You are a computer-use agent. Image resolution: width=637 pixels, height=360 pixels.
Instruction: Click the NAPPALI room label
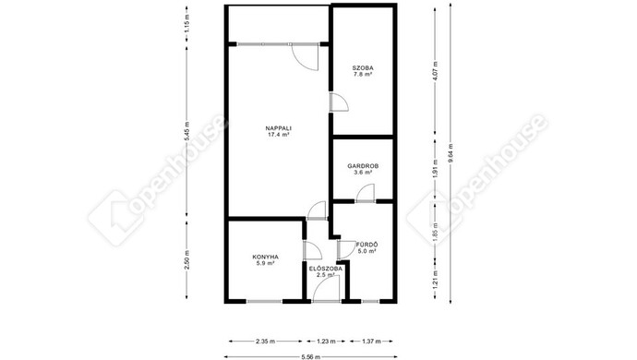pos(278,128)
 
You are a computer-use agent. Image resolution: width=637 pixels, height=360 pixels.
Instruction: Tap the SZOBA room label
pos(363,68)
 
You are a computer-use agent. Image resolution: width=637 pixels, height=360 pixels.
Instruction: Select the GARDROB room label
pos(363,166)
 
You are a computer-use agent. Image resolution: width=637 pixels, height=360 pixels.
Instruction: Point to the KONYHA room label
pos(265,257)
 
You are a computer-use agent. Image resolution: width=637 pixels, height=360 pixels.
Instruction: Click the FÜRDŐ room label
pos(367,245)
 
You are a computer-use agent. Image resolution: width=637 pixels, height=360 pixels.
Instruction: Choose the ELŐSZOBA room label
pos(325,269)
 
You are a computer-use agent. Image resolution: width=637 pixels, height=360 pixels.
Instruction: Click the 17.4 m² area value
pos(278,134)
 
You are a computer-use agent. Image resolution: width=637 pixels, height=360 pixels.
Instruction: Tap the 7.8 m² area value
pos(363,74)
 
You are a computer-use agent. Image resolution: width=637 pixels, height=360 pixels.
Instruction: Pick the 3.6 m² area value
pos(363,172)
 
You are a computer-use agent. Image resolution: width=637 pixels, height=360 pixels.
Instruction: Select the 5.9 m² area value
pos(265,263)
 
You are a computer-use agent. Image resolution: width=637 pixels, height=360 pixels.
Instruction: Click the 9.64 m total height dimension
pos(451,153)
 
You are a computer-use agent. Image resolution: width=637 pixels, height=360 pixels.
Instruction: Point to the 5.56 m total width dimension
pos(311,357)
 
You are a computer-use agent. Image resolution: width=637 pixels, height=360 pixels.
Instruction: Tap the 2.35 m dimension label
pos(265,342)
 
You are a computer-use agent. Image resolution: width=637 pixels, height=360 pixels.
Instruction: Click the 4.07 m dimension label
pos(435,71)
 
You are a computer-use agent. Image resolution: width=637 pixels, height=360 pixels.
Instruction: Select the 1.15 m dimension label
pos(186,23)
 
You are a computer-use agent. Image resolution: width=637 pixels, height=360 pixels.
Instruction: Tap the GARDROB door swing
pos(366,193)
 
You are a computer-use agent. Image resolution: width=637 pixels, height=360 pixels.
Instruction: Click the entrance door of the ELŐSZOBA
pos(326,290)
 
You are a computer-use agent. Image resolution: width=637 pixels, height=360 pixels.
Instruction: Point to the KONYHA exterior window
pos(264,301)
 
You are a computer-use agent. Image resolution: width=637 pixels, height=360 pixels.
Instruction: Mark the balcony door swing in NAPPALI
pos(305,57)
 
